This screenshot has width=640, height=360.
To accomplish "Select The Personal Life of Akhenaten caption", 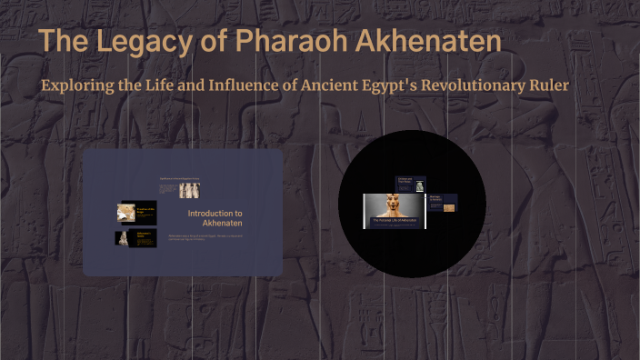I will tap(395, 221).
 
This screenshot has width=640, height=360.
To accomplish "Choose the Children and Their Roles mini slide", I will tap(410, 183).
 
